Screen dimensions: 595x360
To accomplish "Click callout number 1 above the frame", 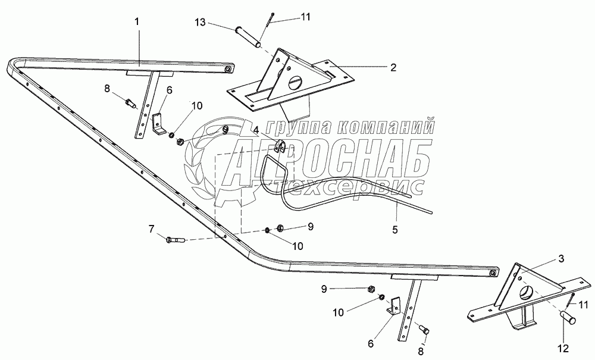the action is tap(137, 21).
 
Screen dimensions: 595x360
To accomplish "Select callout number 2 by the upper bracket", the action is tap(393, 67).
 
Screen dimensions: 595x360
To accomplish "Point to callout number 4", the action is tap(256, 129).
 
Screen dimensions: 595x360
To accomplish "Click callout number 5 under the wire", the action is tap(396, 228).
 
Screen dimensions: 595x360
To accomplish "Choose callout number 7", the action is tap(151, 228).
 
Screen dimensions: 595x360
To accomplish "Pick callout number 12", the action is tap(563, 348).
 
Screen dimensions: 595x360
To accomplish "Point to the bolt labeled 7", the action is tap(176, 240).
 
